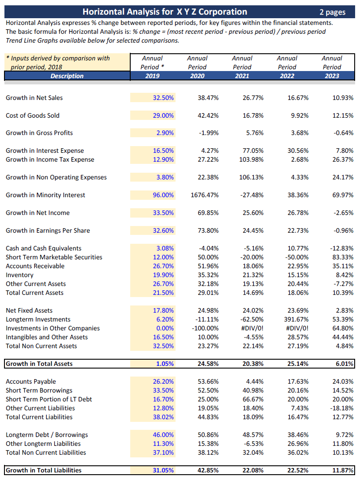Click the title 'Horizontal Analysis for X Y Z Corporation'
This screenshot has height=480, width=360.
pos(165,12)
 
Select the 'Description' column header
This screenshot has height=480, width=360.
pos(67,76)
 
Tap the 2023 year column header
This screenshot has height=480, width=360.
pos(332,76)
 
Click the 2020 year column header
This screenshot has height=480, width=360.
pos(197,76)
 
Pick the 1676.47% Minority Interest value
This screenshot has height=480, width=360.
pos(204,195)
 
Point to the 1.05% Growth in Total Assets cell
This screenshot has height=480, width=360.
pos(165,364)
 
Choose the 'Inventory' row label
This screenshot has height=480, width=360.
pos(20,275)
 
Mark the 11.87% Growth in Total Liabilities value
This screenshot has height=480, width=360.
pos(342,470)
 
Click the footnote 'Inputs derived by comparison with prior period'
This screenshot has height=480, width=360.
pos(58,63)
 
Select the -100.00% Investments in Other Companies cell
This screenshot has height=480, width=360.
pos(205,328)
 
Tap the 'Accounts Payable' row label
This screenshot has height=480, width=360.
pos(31,381)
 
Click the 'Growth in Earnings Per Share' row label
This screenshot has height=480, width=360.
pos(48,230)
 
